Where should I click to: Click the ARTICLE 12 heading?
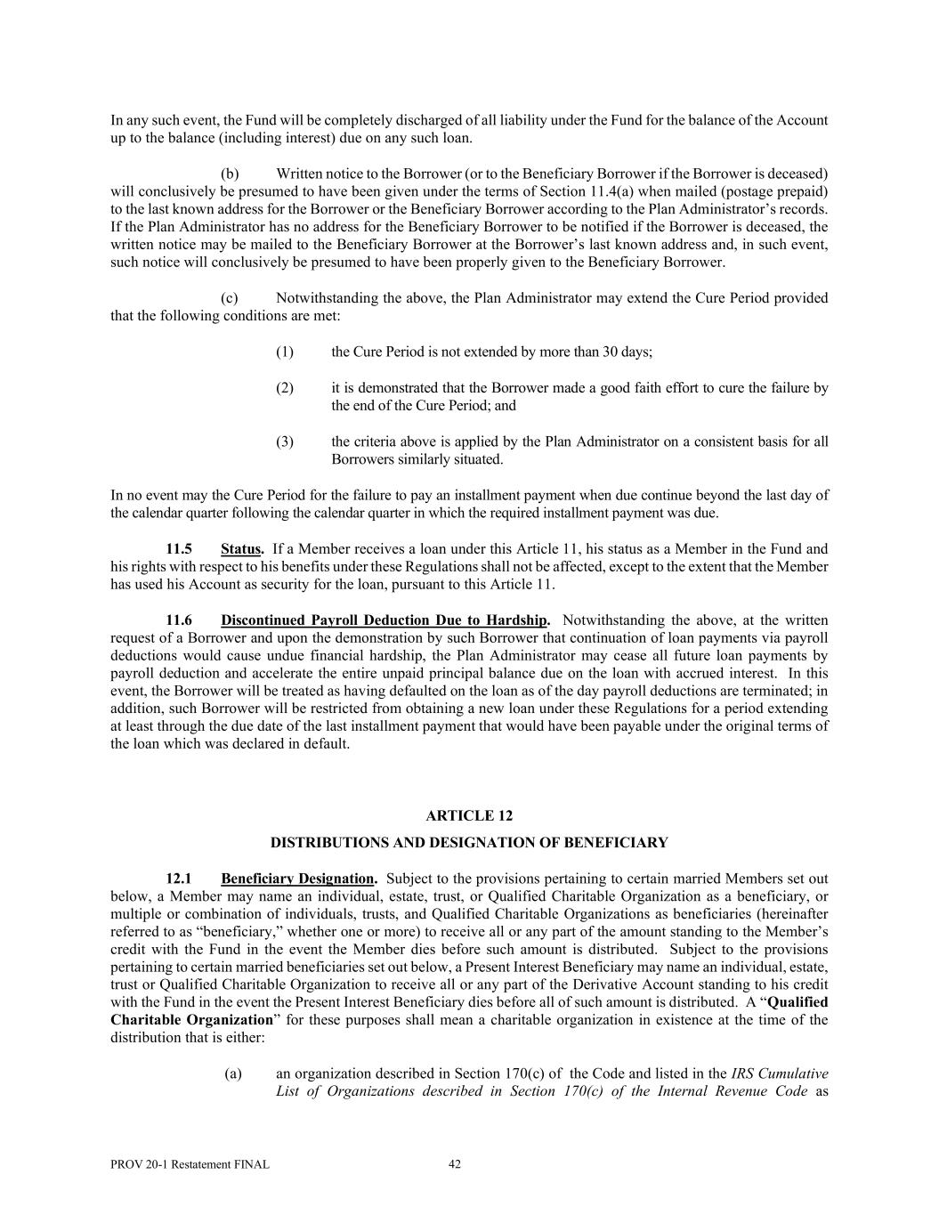(x=469, y=815)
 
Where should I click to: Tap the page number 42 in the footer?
(x=454, y=1163)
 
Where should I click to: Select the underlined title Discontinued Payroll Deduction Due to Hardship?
(x=385, y=620)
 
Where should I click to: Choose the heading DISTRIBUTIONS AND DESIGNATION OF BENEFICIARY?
(x=469, y=842)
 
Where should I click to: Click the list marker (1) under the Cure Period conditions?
(x=285, y=352)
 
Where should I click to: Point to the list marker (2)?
(x=285, y=387)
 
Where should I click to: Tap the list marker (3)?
(x=285, y=441)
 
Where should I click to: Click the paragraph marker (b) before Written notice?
(x=230, y=173)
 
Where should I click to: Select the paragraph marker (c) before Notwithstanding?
(x=230, y=297)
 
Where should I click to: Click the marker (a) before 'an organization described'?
(x=233, y=1073)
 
